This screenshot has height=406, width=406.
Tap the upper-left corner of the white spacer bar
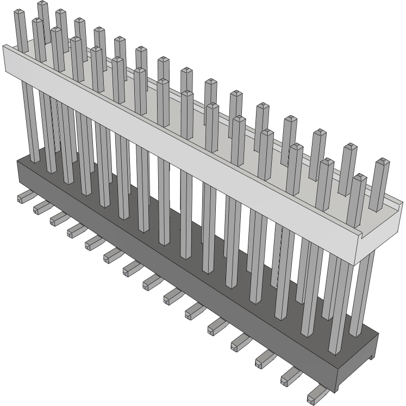pos(4,47)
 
